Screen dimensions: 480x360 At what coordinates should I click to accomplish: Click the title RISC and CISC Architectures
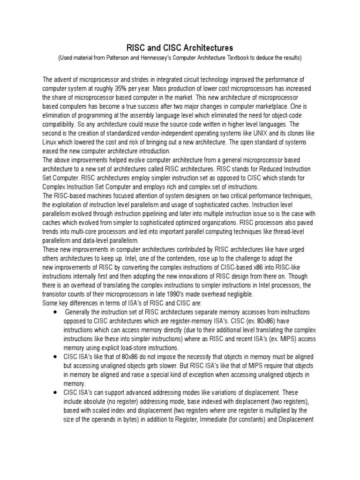180,48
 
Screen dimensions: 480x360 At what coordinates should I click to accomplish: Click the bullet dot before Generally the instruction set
56,312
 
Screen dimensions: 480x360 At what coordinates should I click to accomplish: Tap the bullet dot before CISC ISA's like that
56,357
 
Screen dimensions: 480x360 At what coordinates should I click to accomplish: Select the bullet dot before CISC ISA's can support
56,392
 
